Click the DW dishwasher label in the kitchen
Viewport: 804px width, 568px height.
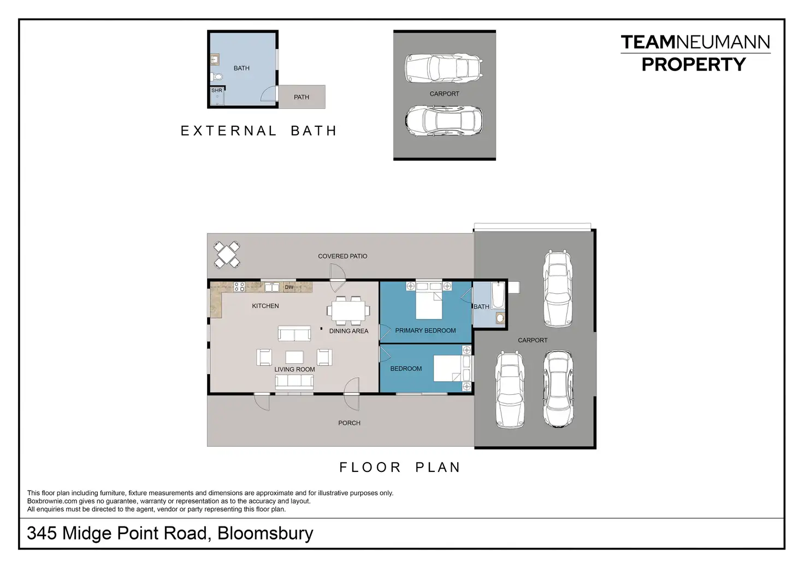click(x=289, y=287)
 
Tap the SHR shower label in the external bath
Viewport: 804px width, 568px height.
click(x=217, y=91)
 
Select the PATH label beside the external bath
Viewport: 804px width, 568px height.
click(x=301, y=97)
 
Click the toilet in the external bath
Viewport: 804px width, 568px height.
click(x=216, y=76)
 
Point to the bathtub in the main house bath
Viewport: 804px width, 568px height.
click(x=498, y=295)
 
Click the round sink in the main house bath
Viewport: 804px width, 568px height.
click(x=500, y=318)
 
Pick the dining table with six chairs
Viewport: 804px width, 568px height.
click(x=348, y=311)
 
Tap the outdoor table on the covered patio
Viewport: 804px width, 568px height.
click(x=227, y=255)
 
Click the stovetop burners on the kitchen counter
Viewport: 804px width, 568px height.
click(x=239, y=287)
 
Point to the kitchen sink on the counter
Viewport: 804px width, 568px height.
click(x=271, y=287)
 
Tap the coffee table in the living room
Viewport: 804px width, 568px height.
click(x=294, y=357)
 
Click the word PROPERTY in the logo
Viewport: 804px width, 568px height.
click(x=694, y=64)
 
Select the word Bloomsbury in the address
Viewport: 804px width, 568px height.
click(x=265, y=533)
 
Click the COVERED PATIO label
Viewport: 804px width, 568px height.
click(x=342, y=256)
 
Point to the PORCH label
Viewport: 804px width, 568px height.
click(x=349, y=423)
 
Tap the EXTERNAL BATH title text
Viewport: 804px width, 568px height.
click(x=258, y=131)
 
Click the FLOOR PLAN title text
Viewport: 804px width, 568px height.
click(x=400, y=467)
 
